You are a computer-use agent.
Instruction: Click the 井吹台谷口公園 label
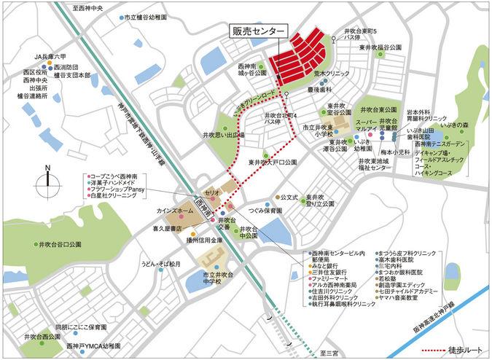click(58, 246)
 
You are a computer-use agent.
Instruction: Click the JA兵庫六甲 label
click(50, 55)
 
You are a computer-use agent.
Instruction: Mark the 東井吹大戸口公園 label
click(271, 163)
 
